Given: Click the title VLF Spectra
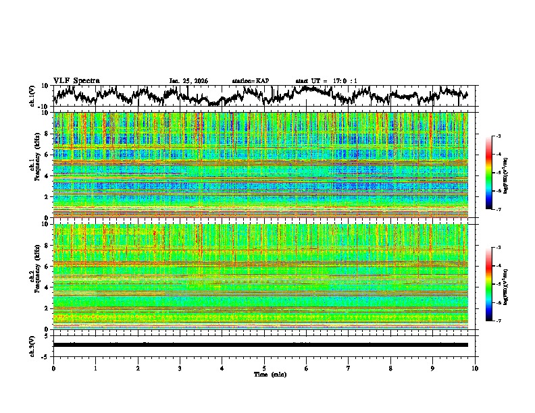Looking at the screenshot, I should [x=76, y=80].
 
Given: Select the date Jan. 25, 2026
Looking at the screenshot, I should [x=188, y=81].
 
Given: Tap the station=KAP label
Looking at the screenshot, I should [x=250, y=81].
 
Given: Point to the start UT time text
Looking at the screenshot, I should [x=326, y=81].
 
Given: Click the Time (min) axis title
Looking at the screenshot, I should [x=269, y=375].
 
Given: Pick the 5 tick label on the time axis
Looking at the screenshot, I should [x=264, y=368].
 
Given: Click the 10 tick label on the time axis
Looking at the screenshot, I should [x=475, y=368].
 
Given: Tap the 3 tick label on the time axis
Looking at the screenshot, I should [x=180, y=368].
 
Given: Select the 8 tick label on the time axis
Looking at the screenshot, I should [x=390, y=368].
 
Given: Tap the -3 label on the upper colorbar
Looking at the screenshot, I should [x=498, y=136].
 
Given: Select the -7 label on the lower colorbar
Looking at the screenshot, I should [x=498, y=321].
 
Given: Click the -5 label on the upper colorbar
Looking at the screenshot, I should [x=498, y=173].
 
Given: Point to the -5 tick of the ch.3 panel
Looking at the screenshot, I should [x=45, y=356].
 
